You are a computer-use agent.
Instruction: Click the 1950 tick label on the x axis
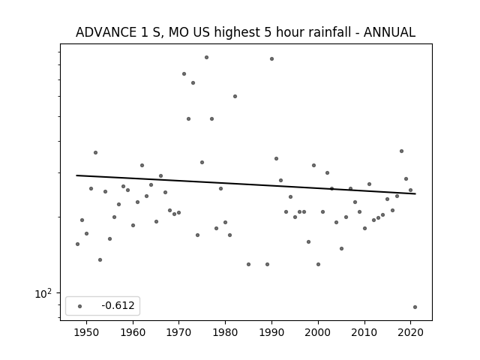87,333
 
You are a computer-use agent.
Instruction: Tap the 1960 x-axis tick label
133,333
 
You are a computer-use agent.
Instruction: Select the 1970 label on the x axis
179,333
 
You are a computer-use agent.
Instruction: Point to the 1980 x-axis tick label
225,333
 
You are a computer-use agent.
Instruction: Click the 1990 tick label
271,333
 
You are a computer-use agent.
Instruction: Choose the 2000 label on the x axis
318,333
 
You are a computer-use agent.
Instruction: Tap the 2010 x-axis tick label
364,333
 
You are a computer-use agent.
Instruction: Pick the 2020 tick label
410,333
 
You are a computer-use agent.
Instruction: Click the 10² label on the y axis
43,293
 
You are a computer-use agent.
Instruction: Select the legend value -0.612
118,305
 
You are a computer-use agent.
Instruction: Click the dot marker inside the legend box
80,306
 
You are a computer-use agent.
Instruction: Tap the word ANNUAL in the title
389,32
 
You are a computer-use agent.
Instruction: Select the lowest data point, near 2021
415,307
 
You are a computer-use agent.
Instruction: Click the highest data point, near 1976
207,57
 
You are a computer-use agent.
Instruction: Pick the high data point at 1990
271,58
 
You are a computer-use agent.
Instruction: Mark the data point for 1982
235,97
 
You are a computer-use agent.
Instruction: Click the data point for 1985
248,264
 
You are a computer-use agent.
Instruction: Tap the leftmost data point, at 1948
77,244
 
